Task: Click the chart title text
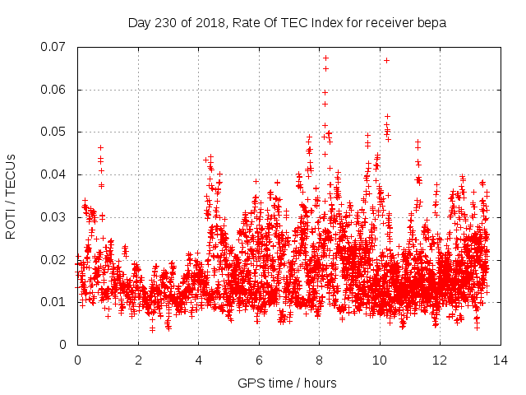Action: point(287,23)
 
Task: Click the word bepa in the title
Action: point(432,23)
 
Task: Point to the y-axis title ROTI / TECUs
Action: point(12,196)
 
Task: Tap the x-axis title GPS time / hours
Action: point(287,383)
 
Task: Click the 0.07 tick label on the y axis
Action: point(56,47)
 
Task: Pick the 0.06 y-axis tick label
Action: point(56,90)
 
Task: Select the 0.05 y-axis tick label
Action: point(56,132)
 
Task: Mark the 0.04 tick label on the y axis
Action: point(56,174)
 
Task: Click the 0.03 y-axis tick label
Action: point(56,217)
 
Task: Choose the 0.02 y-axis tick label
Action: point(56,260)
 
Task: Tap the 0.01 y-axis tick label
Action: point(56,302)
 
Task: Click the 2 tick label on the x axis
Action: point(138,360)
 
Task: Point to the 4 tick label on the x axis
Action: point(198,360)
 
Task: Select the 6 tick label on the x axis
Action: point(259,360)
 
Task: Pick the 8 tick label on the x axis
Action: point(319,360)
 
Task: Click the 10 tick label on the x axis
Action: point(379,360)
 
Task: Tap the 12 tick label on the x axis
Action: point(440,360)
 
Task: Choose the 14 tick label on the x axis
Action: point(500,360)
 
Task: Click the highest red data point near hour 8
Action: point(325,58)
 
